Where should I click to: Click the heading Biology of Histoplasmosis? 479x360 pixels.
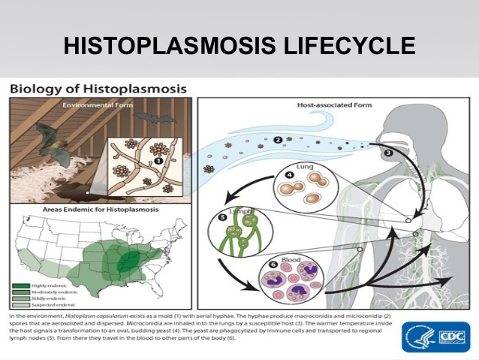point(98,89)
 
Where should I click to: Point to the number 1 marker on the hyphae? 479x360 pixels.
point(158,159)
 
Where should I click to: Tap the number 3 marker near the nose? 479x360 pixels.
point(388,153)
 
